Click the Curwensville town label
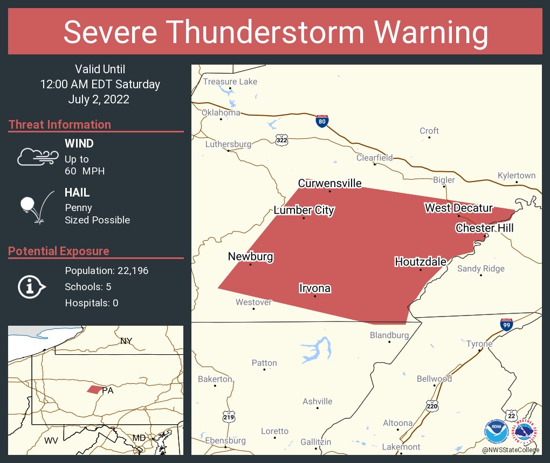point(329,184)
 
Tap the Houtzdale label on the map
point(421,262)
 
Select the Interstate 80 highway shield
point(322,121)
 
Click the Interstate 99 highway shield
point(506,325)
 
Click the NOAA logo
point(496,432)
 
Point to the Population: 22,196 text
point(106,271)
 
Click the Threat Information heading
point(60,125)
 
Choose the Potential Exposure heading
point(59,251)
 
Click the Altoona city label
point(397,423)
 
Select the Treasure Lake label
point(230,82)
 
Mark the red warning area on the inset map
point(94,389)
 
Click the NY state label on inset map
point(126,341)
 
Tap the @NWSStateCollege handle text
point(510,450)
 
